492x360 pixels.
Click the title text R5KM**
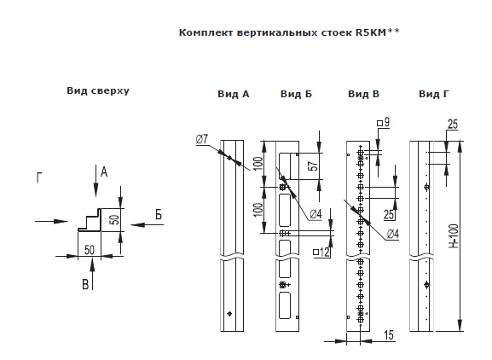coord(378,32)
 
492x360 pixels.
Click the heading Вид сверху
coord(98,91)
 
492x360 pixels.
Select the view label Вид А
coord(234,94)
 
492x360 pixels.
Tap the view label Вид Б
coord(296,94)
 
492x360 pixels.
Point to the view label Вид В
coord(363,94)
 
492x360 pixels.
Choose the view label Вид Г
coord(434,94)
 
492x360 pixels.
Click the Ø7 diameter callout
coord(202,139)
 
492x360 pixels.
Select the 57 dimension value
coord(313,166)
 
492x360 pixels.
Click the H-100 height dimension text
coord(454,236)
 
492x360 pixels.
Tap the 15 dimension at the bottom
coord(389,335)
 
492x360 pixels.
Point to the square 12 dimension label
coord(321,252)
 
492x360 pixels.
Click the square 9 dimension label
coord(384,122)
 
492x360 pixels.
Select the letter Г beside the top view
coord(39,177)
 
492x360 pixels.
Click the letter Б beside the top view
coord(159,215)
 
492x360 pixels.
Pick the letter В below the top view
coord(85,284)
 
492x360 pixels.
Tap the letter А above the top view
coord(104,172)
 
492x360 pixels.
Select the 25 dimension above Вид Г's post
coord(453,125)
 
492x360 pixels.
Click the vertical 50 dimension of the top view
coord(115,219)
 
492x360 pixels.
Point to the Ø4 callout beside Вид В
coord(392,234)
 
